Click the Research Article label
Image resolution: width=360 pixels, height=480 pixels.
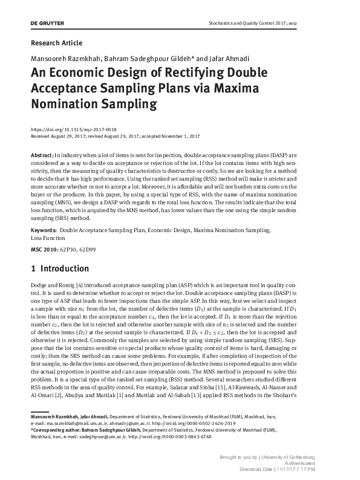56,43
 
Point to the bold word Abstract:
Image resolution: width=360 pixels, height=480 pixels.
42,156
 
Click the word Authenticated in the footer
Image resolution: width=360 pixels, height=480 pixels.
315,463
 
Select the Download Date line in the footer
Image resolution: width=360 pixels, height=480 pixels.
286,469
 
